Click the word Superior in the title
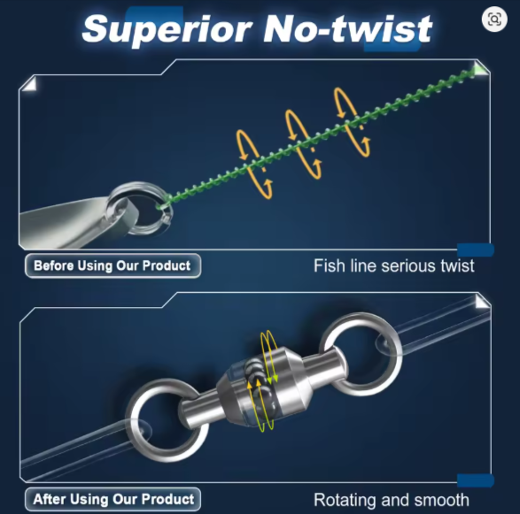pos(167,30)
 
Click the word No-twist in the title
pos(347,29)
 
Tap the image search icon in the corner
pos(494,19)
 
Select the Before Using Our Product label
pos(113,265)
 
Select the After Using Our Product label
pos(113,499)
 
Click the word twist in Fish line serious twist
pos(457,265)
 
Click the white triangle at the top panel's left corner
pos(30,84)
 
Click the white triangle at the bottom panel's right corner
pos(482,302)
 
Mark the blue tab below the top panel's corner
pos(476,249)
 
